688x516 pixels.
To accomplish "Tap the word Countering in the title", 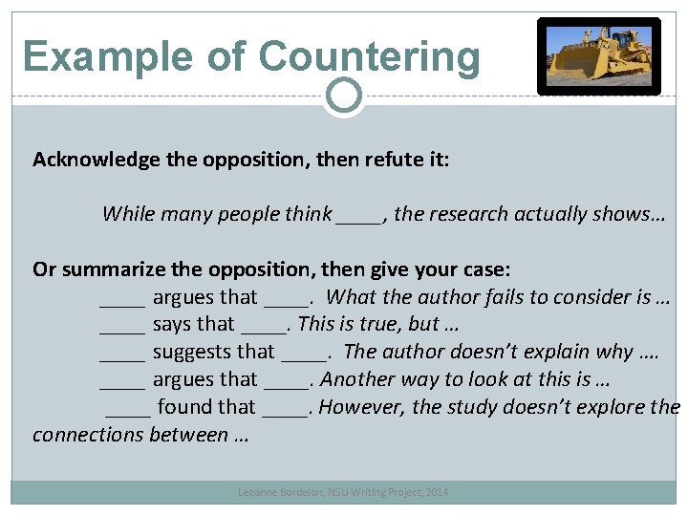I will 369,56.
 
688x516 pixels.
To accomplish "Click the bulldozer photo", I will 598,56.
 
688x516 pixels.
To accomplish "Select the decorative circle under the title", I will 343,95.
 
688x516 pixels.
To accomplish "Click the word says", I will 172,325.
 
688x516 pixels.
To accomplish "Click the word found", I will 183,408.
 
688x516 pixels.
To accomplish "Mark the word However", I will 363,408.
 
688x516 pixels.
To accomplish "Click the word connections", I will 89,436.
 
